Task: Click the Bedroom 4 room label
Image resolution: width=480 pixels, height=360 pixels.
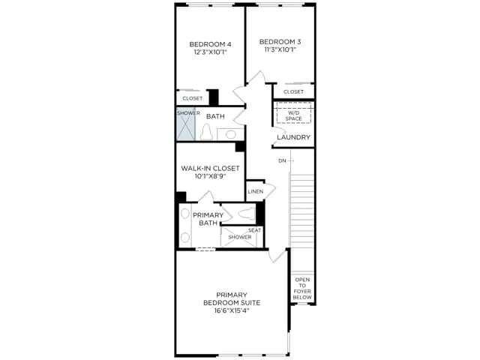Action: click(x=210, y=44)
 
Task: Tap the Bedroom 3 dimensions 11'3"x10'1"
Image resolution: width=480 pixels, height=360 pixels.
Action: click(x=280, y=49)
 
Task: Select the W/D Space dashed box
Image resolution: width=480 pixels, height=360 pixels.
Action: click(x=293, y=112)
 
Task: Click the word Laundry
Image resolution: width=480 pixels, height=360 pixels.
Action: click(x=293, y=137)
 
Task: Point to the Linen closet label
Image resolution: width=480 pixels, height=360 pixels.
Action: click(x=255, y=192)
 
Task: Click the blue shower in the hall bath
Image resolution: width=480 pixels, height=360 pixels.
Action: click(x=186, y=124)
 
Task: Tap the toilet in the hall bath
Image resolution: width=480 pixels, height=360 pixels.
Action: click(x=206, y=132)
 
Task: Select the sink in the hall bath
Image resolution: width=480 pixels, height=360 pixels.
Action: click(x=230, y=134)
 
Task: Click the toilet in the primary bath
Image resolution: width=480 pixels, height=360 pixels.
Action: click(x=247, y=213)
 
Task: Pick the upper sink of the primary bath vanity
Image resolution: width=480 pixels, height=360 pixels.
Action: click(x=185, y=214)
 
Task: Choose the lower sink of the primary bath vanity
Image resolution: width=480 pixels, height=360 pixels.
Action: click(x=185, y=237)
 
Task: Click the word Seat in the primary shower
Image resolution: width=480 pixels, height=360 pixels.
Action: click(x=254, y=230)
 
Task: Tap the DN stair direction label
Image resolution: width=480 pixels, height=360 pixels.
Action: click(x=282, y=161)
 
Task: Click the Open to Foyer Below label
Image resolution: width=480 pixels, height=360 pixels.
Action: click(x=302, y=288)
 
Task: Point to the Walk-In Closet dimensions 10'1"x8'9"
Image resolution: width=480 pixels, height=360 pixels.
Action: click(x=210, y=176)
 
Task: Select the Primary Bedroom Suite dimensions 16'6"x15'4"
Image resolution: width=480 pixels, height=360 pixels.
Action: click(x=232, y=310)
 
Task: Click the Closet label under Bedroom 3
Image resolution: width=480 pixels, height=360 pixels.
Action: click(x=293, y=91)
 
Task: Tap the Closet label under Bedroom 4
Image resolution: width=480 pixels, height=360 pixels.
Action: click(x=193, y=98)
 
